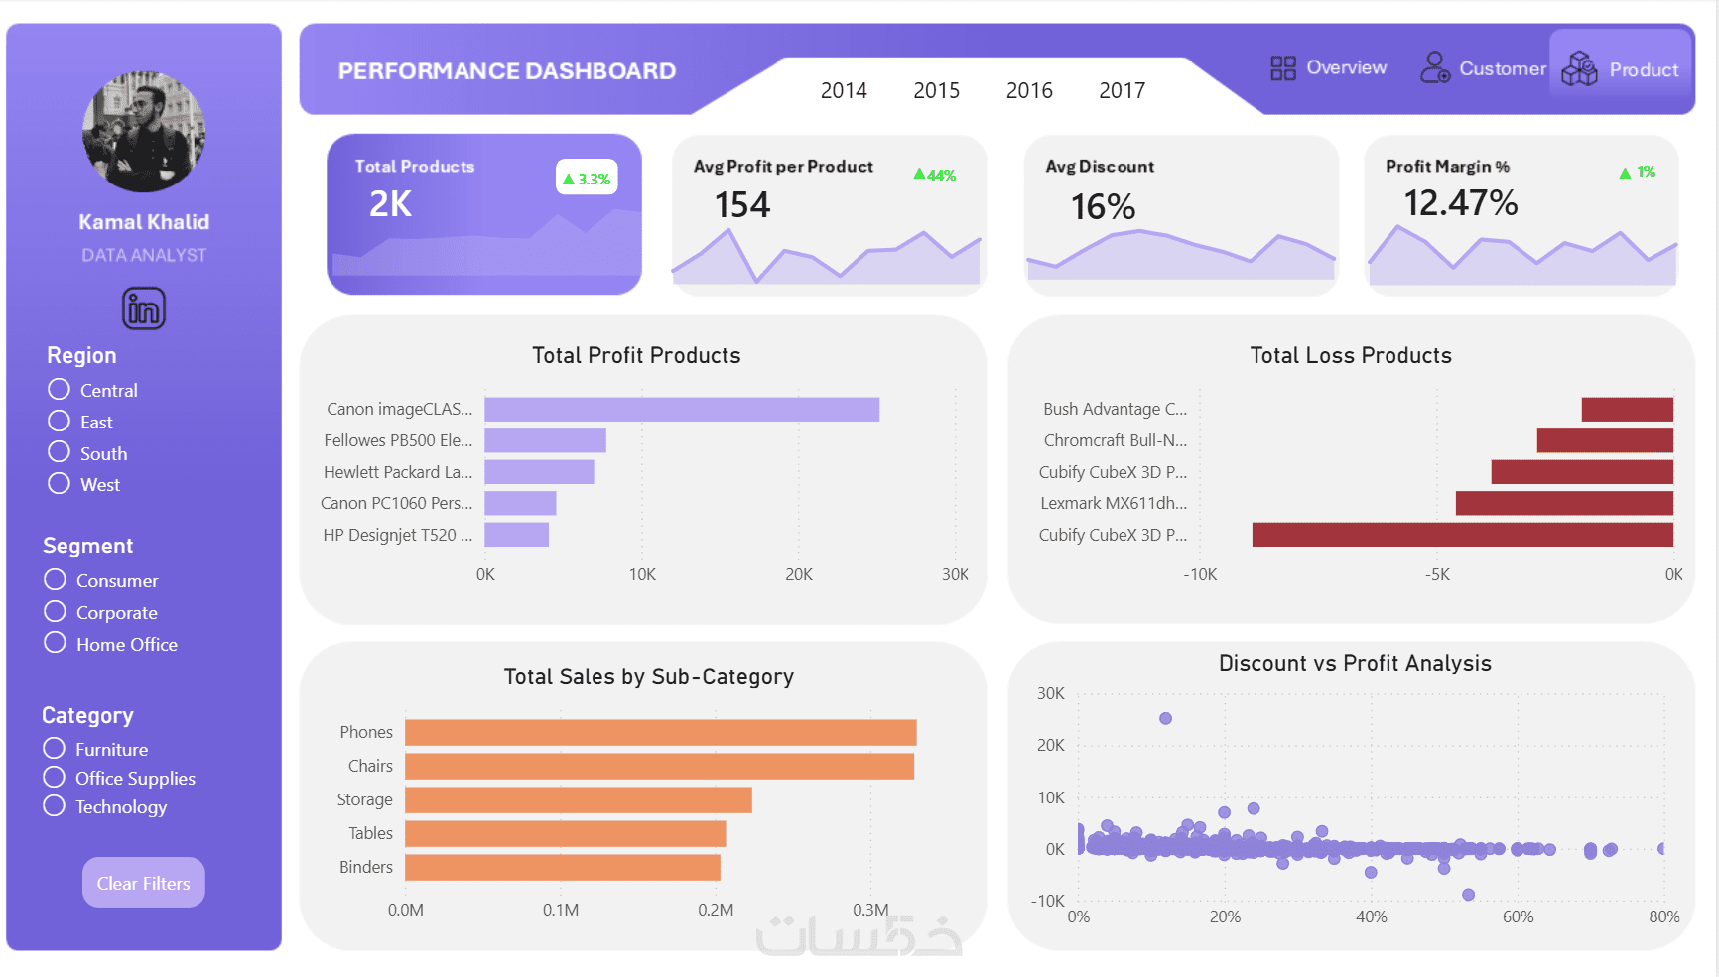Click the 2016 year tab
pyautogui.click(x=1029, y=90)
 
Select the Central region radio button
pyautogui.click(x=60, y=389)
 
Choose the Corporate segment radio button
pyautogui.click(x=56, y=611)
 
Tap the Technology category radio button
pyautogui.click(x=55, y=805)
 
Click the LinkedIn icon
pyautogui.click(x=144, y=308)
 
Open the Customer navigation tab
pyautogui.click(x=1484, y=68)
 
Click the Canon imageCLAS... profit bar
pyautogui.click(x=682, y=409)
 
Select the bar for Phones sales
pyautogui.click(x=660, y=732)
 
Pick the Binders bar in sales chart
pyautogui.click(x=562, y=867)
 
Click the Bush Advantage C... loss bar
pyautogui.click(x=1627, y=409)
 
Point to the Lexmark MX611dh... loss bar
pyautogui.click(x=1564, y=503)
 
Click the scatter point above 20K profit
pyautogui.click(x=1165, y=718)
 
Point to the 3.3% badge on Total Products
pyautogui.click(x=587, y=179)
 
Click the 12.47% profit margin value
pyautogui.click(x=1460, y=203)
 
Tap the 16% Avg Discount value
pyautogui.click(x=1103, y=206)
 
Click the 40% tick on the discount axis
pyautogui.click(x=1371, y=916)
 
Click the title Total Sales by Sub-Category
pyautogui.click(x=648, y=676)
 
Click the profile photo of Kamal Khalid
pyautogui.click(x=144, y=132)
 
